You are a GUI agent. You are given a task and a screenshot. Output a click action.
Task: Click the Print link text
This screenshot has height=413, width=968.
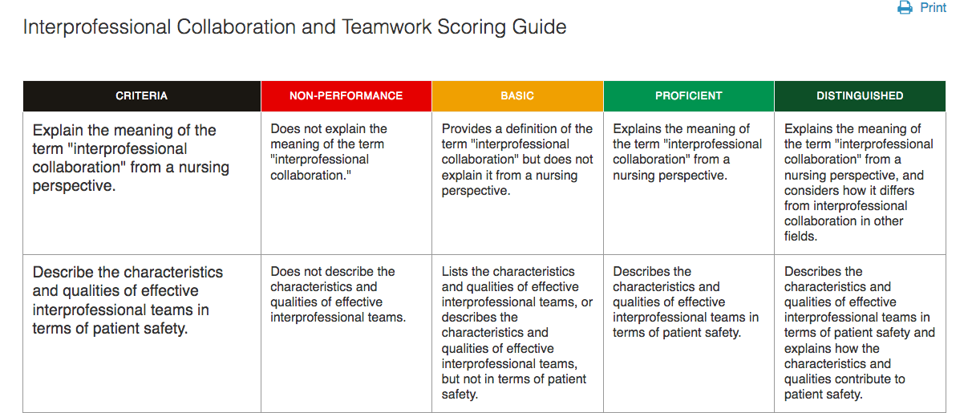(933, 8)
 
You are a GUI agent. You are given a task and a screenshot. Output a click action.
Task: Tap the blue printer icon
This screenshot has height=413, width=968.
(905, 8)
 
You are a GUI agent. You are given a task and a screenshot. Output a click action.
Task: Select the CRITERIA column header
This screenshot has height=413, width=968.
(141, 96)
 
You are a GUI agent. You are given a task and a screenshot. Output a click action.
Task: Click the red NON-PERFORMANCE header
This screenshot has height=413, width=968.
(346, 96)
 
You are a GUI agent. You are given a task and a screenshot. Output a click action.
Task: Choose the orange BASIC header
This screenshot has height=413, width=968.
(517, 96)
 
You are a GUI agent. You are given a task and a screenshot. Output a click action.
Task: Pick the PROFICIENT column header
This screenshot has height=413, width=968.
(689, 96)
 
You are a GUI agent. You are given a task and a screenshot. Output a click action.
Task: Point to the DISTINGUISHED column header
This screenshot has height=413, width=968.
(860, 96)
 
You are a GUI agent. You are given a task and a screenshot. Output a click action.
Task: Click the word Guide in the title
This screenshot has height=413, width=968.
(539, 27)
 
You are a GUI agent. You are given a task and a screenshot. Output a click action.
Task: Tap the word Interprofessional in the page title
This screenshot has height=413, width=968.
(97, 27)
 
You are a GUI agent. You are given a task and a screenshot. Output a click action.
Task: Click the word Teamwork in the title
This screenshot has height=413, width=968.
(387, 27)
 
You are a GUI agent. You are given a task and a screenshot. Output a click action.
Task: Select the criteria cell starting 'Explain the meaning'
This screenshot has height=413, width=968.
(142, 183)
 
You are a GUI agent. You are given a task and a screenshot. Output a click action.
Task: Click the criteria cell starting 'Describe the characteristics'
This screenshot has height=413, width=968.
(142, 334)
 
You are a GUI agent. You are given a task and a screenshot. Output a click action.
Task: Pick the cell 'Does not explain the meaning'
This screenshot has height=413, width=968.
(346, 183)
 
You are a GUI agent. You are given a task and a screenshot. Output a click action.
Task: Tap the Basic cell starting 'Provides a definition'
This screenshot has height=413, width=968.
(517, 183)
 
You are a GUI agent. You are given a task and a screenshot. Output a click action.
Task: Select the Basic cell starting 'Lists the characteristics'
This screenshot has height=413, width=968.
(517, 334)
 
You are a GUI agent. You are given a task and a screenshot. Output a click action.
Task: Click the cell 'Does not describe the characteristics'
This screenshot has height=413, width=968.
(346, 334)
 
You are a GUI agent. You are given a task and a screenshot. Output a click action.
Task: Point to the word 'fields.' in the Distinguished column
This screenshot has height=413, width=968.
(800, 237)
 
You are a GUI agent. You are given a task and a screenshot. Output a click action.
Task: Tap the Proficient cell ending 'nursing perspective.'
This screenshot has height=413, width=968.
(689, 183)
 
